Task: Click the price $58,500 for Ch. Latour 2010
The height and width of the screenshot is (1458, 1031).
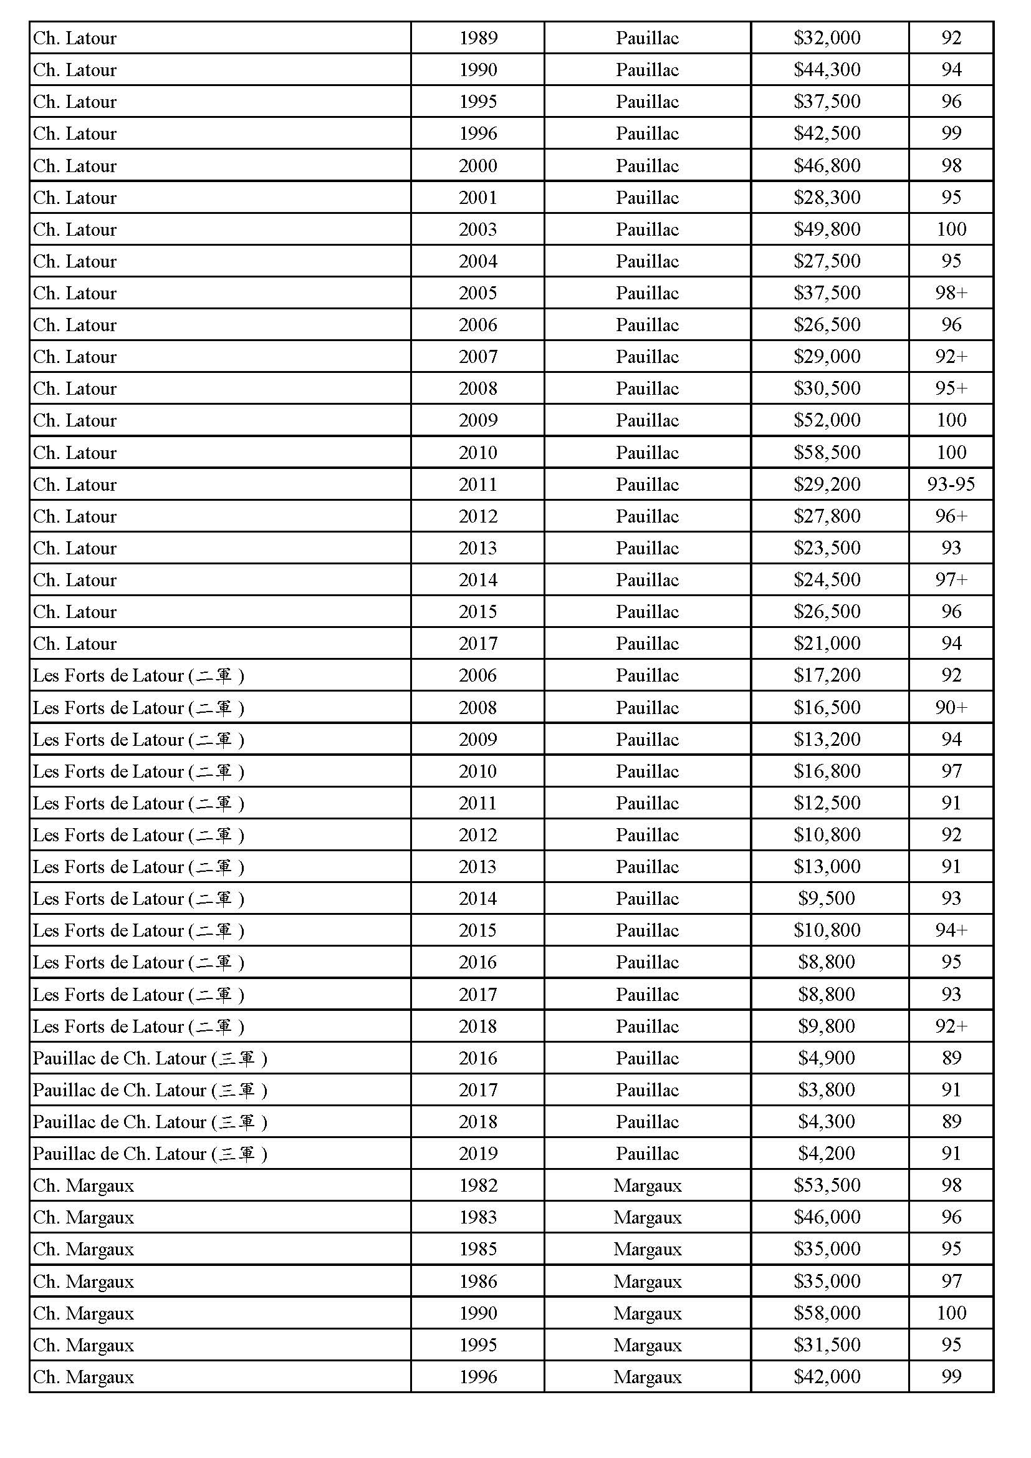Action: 827,452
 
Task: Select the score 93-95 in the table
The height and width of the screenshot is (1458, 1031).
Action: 951,485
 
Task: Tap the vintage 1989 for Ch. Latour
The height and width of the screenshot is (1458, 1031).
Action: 477,38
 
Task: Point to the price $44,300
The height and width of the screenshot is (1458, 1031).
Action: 827,70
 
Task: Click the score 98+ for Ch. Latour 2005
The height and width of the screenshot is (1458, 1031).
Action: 951,292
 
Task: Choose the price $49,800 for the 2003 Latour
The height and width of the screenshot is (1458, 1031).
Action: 827,229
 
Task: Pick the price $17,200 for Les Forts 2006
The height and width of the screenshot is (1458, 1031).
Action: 827,675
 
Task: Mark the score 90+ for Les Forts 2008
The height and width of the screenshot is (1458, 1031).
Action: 951,707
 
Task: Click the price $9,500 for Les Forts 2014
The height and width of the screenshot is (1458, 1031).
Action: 827,898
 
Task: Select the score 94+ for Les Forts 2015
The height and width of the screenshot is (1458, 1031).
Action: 951,930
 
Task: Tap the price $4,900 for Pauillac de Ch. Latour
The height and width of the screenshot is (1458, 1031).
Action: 827,1058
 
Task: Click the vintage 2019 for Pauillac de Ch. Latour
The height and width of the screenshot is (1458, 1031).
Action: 477,1153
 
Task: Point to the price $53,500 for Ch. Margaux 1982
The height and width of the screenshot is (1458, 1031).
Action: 827,1185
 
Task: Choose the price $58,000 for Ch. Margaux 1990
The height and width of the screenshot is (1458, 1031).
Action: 827,1313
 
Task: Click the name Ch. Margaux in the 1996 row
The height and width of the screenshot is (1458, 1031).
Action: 83,1377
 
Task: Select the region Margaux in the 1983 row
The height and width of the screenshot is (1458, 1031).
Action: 647,1217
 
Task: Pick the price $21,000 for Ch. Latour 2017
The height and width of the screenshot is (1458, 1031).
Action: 827,644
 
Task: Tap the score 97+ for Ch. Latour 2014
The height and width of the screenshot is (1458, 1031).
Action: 951,579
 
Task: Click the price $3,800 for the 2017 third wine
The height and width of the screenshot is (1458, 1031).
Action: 827,1089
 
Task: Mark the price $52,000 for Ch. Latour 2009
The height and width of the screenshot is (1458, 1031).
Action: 827,420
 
